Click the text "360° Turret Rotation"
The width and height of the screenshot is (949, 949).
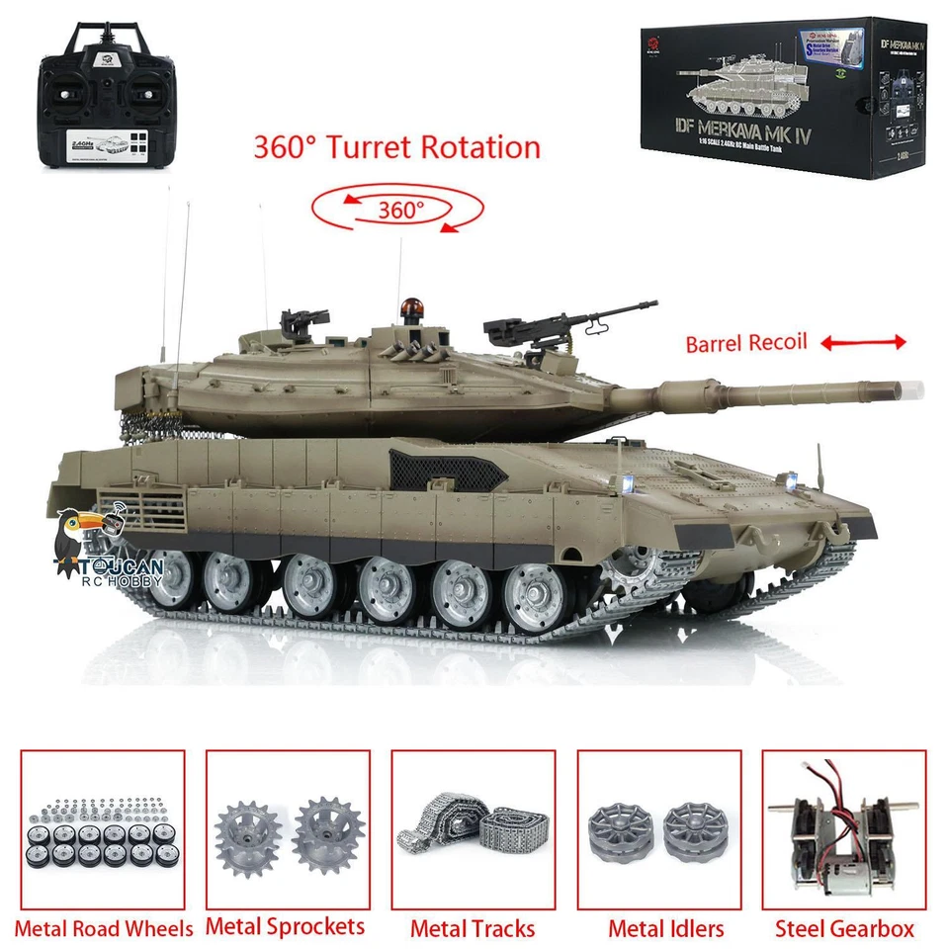(397, 147)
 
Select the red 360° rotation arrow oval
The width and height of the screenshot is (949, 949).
(397, 209)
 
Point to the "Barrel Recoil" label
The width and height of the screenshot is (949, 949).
(746, 344)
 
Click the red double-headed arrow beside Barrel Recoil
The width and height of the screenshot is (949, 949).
(862, 342)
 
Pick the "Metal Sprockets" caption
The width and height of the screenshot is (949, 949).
(286, 926)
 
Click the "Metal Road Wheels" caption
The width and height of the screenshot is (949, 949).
(104, 928)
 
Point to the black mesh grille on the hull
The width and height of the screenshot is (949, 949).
(428, 471)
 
